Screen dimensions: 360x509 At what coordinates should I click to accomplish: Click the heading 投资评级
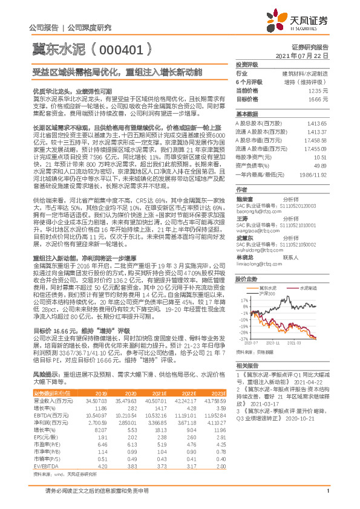(247, 64)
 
